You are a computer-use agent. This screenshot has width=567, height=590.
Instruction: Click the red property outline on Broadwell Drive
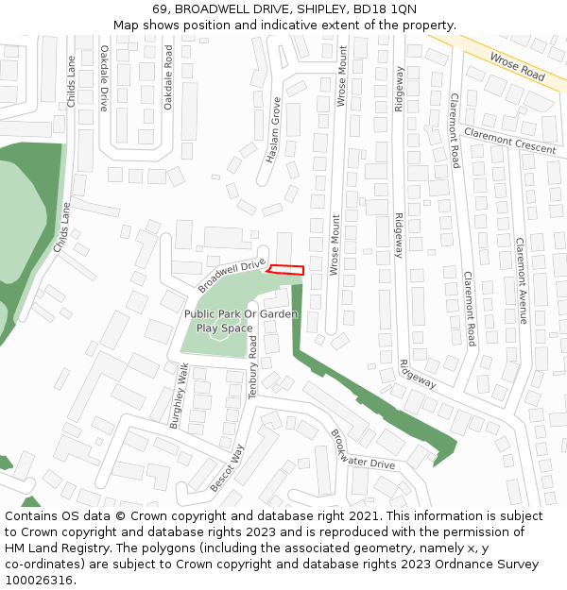click(286, 270)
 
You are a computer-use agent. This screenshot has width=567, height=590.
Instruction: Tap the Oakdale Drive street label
click(105, 79)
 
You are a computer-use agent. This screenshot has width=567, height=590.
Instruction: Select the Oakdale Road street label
click(168, 78)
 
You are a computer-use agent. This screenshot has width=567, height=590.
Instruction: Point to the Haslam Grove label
click(273, 131)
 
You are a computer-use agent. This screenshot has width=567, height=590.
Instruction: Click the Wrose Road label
click(517, 66)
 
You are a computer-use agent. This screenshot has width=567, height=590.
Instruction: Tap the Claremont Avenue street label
click(521, 280)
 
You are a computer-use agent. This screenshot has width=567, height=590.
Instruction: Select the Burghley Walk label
click(180, 396)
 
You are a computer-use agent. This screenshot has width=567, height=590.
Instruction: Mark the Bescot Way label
click(228, 467)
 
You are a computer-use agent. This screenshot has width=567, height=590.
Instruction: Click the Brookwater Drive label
click(362, 450)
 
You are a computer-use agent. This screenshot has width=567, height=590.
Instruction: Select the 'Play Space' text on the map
click(225, 329)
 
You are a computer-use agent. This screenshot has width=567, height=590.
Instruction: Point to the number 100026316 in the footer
click(37, 581)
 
